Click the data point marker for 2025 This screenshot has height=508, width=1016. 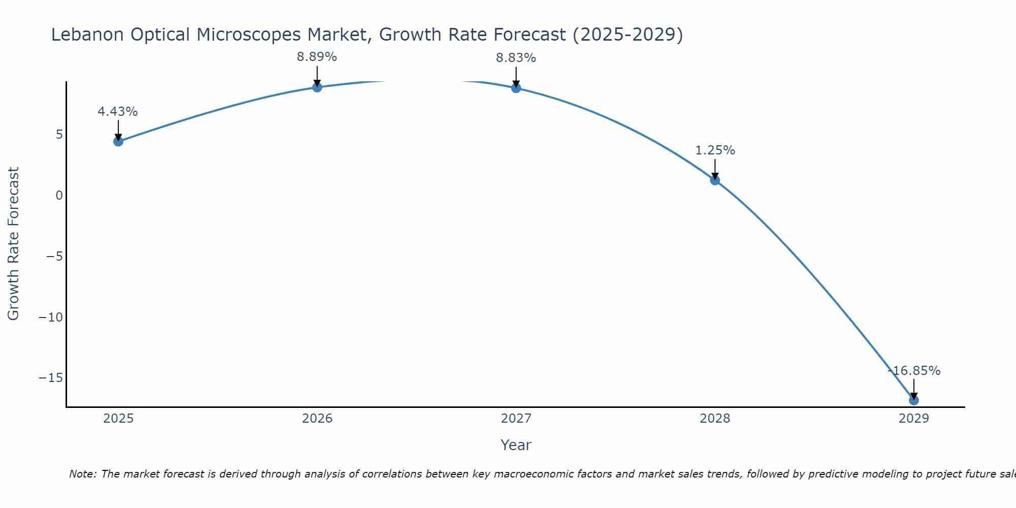point(118,141)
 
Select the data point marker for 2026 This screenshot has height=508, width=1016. point(317,87)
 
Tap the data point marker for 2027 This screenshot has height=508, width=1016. point(516,88)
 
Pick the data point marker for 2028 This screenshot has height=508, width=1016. point(715,180)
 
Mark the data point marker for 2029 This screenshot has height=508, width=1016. point(914,400)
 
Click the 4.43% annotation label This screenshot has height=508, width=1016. point(118,112)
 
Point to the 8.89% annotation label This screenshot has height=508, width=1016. point(317,57)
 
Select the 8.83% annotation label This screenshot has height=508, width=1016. point(516,58)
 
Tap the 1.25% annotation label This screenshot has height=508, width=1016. point(715,150)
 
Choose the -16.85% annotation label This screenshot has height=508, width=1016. point(914,371)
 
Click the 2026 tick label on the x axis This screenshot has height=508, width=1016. point(317,419)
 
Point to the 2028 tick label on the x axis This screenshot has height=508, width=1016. point(715,419)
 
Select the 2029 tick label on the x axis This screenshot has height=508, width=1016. point(914,419)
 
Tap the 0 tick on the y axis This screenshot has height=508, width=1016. point(59,196)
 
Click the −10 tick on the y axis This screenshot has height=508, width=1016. point(51,317)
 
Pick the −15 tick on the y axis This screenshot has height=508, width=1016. point(51,378)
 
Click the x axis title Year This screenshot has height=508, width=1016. point(516,445)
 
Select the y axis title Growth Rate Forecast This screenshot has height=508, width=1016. point(13,244)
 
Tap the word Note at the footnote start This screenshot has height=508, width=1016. point(81,474)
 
